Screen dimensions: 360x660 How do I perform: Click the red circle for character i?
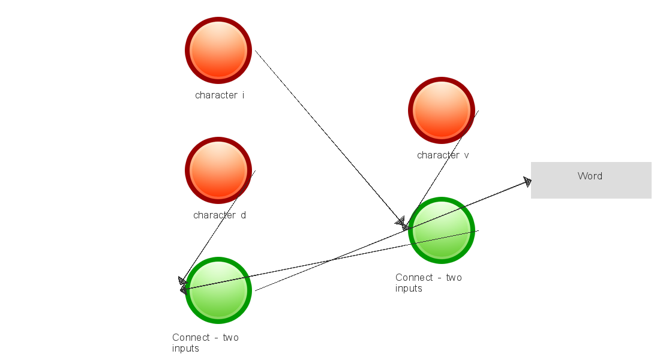pyautogui.click(x=218, y=50)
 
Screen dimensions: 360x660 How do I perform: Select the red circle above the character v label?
pyautogui.click(x=442, y=110)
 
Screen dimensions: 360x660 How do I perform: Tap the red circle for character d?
pyautogui.click(x=218, y=170)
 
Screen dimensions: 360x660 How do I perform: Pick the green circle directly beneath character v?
pyautogui.click(x=442, y=230)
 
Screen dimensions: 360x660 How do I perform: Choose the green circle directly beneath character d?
pyautogui.click(x=218, y=290)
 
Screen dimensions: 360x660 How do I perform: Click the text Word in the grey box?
pyautogui.click(x=590, y=176)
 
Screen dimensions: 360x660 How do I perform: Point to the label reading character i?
pyautogui.click(x=220, y=95)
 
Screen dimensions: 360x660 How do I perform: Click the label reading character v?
pyautogui.click(x=443, y=155)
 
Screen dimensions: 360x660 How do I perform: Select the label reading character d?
pyautogui.click(x=220, y=215)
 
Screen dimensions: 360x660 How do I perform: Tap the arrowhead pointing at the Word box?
pyautogui.click(x=527, y=182)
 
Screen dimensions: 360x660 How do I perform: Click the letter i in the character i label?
pyautogui.click(x=243, y=95)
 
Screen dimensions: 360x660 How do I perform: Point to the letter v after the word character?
pyautogui.click(x=466, y=155)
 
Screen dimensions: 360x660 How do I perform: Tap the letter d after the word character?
pyautogui.click(x=243, y=215)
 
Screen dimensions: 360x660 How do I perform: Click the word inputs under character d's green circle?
pyautogui.click(x=185, y=348)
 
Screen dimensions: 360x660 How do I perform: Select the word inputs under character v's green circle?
pyautogui.click(x=409, y=288)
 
